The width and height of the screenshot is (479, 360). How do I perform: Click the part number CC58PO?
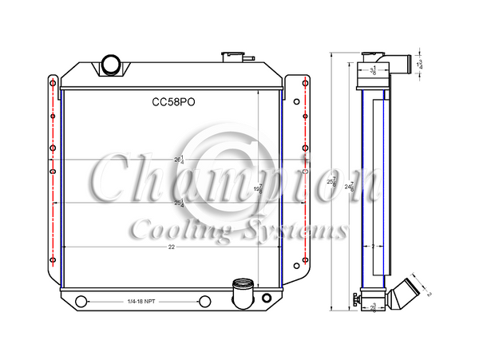point(172,102)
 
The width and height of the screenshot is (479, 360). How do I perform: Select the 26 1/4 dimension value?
point(178,160)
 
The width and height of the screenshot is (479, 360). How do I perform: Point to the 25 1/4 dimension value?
point(178,204)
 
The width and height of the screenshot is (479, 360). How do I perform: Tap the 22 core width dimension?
point(171,247)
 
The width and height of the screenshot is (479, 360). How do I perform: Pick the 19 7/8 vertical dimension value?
point(258,189)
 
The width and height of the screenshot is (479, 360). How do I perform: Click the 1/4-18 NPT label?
point(141,302)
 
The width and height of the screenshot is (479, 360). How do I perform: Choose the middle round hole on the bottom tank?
point(204,301)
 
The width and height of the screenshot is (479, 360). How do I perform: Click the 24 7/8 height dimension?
point(348,187)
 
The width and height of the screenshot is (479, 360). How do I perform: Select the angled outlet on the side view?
point(407,291)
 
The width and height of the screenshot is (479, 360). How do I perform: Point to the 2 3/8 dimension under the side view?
point(373,308)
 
